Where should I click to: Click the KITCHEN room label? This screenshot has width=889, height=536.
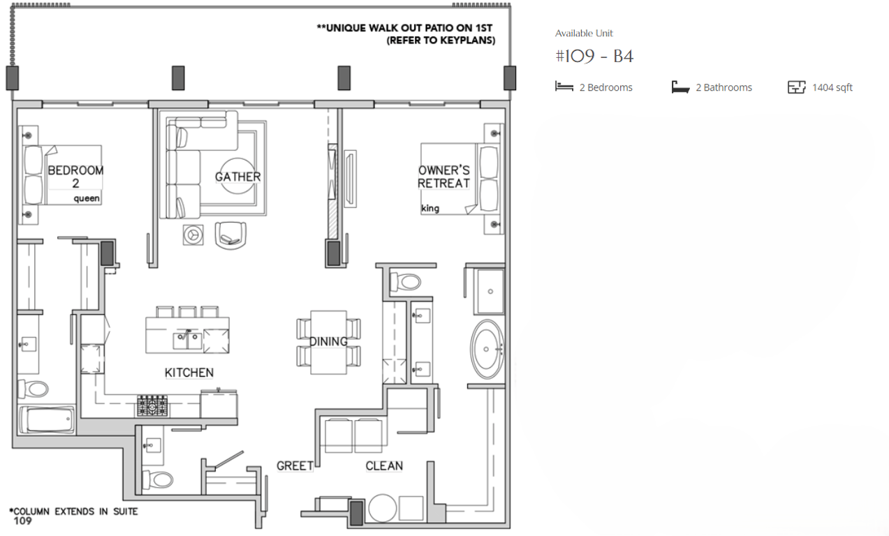click(189, 373)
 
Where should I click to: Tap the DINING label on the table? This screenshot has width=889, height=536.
click(328, 341)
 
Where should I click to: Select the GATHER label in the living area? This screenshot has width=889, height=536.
click(237, 177)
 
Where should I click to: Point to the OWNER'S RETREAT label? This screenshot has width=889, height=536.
click(443, 177)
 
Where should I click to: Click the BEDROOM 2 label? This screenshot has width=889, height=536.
click(75, 177)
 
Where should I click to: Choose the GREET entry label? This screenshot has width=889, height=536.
click(294, 466)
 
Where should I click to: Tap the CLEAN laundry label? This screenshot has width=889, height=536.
click(384, 466)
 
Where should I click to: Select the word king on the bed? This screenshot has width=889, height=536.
click(430, 208)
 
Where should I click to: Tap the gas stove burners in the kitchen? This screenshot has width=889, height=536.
click(152, 405)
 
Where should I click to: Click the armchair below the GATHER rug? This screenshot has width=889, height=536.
click(231, 234)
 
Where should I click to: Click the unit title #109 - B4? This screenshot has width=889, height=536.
click(594, 57)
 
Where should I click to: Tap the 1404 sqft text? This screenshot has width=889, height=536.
click(832, 88)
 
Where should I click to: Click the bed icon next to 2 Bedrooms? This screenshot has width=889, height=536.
click(564, 87)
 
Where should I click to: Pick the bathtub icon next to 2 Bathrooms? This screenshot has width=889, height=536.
click(680, 87)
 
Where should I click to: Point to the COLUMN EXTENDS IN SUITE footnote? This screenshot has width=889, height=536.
click(73, 512)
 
